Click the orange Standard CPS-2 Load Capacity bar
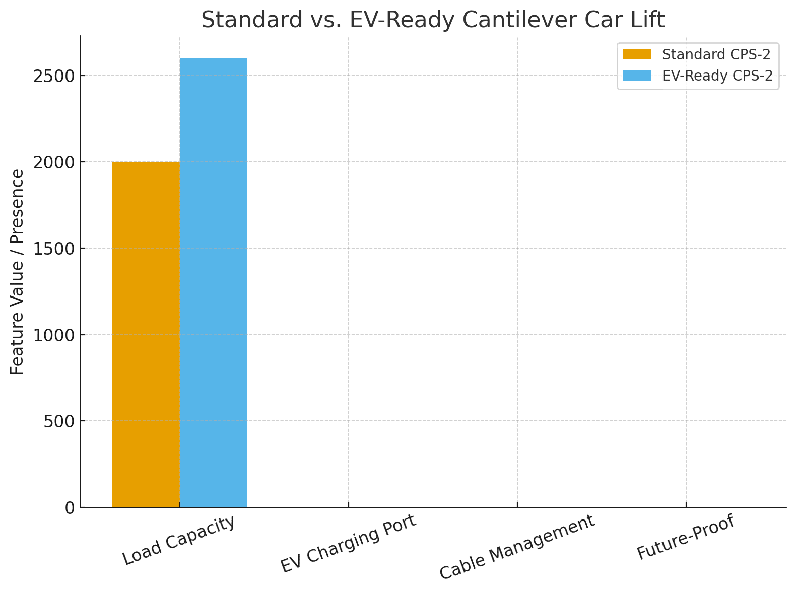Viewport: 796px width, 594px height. click(146, 334)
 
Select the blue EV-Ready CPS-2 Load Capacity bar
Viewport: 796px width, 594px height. click(214, 282)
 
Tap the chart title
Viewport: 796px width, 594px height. click(433, 20)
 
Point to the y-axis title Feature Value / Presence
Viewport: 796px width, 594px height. click(18, 272)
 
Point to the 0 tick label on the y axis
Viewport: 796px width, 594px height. click(70, 507)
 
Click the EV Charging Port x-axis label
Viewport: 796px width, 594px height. click(349, 544)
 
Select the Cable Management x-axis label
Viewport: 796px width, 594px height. click(517, 548)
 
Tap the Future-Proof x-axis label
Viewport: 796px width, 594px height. click(686, 538)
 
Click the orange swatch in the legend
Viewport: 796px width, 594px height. click(637, 54)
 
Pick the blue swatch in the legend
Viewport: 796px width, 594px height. click(637, 76)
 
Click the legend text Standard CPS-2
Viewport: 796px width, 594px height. click(716, 54)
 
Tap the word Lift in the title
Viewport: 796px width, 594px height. click(649, 20)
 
